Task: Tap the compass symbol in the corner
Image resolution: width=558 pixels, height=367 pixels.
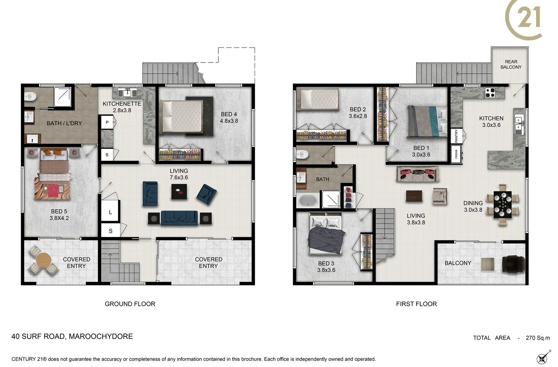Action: (x=543, y=358)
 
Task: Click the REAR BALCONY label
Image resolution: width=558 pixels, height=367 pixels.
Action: (x=511, y=64)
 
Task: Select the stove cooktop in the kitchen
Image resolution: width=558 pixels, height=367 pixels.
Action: (x=490, y=93)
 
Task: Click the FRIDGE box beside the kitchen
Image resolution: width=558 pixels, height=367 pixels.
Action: (x=457, y=154)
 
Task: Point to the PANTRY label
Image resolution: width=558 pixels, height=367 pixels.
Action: (x=457, y=136)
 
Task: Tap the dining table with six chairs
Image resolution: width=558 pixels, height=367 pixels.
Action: (x=503, y=205)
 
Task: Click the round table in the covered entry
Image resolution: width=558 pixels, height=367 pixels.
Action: (x=43, y=260)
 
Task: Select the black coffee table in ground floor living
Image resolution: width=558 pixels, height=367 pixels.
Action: (x=179, y=191)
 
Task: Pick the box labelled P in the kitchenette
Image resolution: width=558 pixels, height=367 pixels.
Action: (x=107, y=122)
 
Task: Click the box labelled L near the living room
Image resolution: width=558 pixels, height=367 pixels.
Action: (x=110, y=212)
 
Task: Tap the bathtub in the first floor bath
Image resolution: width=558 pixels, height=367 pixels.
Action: (x=308, y=200)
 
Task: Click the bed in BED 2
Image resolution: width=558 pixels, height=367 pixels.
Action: (x=318, y=99)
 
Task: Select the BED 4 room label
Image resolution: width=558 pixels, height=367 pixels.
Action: (x=229, y=118)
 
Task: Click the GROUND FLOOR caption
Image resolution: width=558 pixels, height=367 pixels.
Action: (x=130, y=304)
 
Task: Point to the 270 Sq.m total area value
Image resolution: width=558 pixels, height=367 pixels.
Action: (x=537, y=338)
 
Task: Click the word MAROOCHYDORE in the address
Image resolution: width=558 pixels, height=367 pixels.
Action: (x=101, y=336)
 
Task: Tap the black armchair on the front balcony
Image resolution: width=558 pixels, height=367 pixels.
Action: (x=513, y=263)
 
